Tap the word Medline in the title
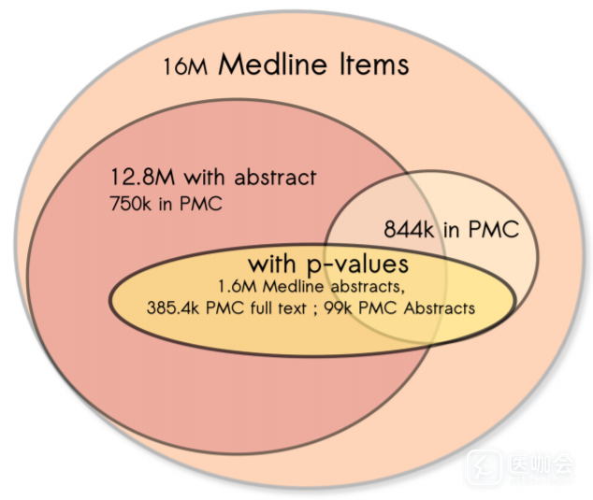(274, 64)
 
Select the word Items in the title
(372, 64)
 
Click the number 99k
(343, 307)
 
